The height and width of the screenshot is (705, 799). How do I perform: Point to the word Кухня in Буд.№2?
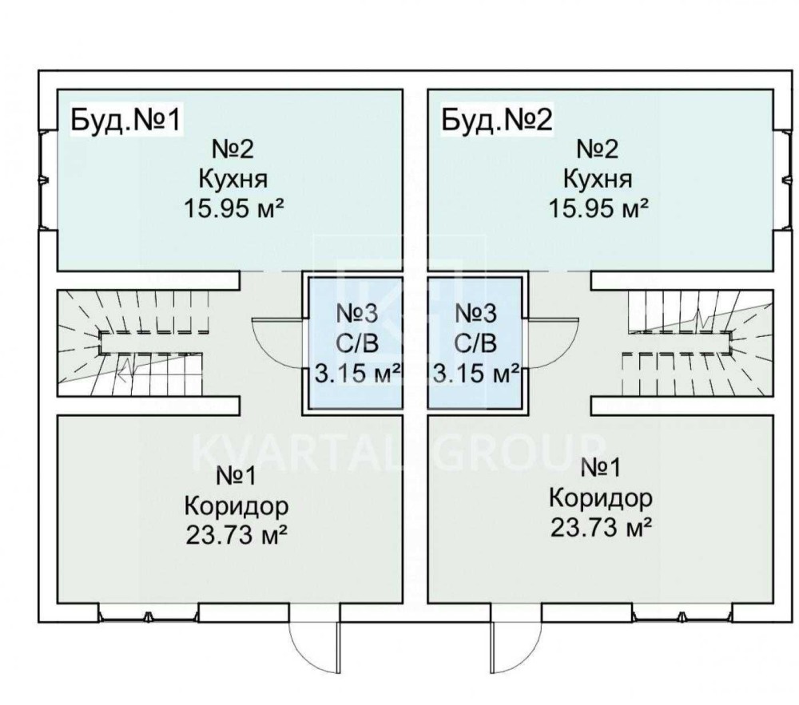598,178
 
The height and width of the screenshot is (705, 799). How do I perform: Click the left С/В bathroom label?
352,343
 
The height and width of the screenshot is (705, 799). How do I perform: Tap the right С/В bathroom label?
476,343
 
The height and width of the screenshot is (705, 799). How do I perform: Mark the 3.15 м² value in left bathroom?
355,373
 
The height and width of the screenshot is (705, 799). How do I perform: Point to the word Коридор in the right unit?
601,498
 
